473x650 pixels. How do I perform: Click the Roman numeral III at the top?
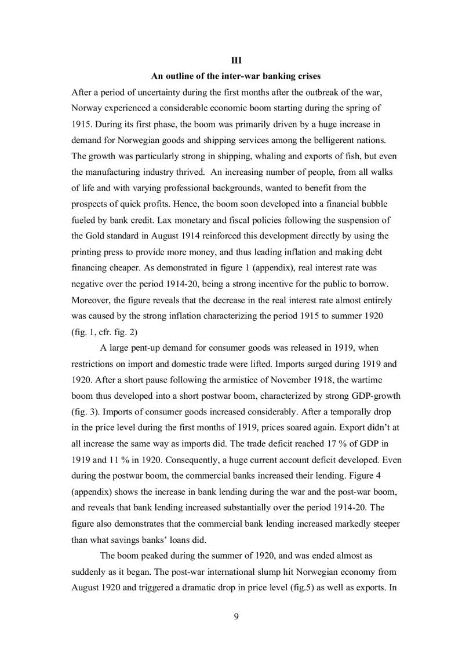pos(236,60)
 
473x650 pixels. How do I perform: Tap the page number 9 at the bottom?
pos(236,616)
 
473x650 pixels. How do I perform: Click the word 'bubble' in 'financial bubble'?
pos(372,204)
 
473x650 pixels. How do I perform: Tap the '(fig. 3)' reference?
pos(87,412)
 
